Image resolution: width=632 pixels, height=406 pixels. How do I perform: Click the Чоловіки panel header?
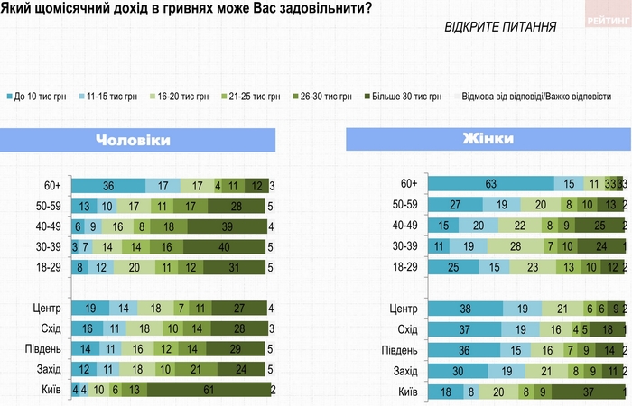coord(136,141)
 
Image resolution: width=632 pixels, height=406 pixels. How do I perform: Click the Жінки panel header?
coord(488,140)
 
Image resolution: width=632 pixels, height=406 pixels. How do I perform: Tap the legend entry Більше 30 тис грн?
coord(403,97)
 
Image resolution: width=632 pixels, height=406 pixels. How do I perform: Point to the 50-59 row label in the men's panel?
coord(44,206)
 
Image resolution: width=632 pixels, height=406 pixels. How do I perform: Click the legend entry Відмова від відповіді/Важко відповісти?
coord(536,97)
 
